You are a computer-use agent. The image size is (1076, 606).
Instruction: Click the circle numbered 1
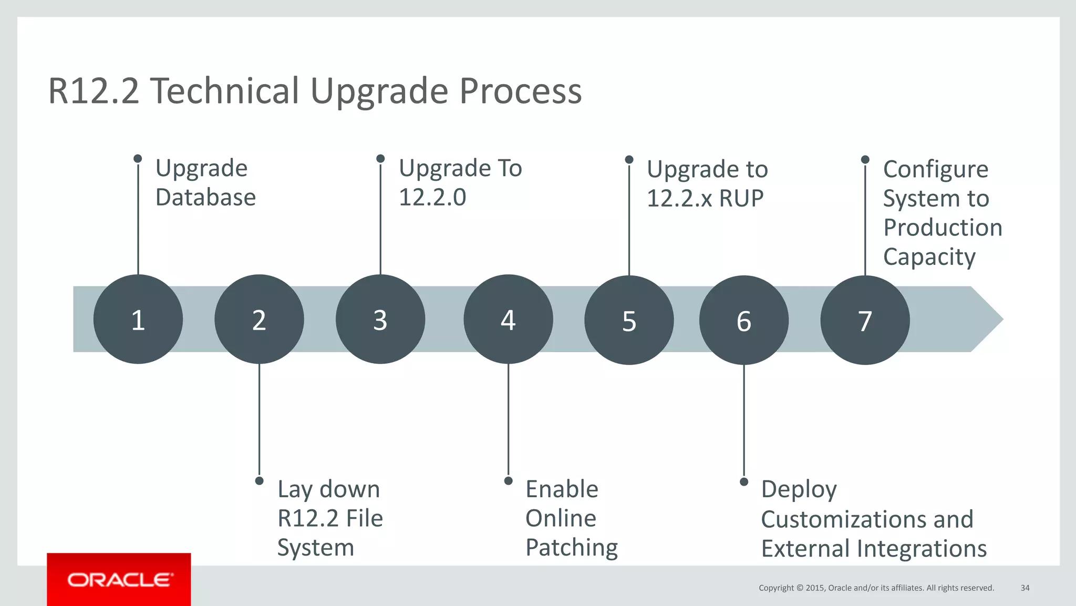click(138, 320)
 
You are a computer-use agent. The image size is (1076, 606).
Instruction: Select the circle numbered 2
click(259, 320)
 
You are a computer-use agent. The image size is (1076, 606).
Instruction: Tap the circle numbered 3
click(380, 320)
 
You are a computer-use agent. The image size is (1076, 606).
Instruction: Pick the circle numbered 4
click(508, 320)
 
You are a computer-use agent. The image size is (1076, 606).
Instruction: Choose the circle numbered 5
click(629, 321)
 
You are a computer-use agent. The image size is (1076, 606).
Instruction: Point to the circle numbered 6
click(744, 321)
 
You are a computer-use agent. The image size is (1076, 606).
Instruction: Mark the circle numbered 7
click(865, 321)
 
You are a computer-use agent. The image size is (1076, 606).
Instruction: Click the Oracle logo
click(119, 580)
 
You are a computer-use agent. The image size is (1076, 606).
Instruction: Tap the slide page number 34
click(1025, 588)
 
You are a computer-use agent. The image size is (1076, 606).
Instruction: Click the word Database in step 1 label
click(205, 198)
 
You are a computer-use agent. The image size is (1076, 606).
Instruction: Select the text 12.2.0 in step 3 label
click(432, 198)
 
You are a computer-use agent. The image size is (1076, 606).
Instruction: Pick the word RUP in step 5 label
click(741, 199)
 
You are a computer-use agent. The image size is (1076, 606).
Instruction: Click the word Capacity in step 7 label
click(929, 258)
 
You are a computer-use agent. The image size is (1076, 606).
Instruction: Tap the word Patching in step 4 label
click(572, 548)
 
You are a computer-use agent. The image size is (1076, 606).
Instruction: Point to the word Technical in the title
click(226, 91)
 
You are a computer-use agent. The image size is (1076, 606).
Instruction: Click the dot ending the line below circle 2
click(259, 481)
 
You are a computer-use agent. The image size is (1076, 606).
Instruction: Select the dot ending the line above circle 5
click(629, 159)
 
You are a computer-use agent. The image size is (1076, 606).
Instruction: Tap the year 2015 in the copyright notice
click(815, 588)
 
